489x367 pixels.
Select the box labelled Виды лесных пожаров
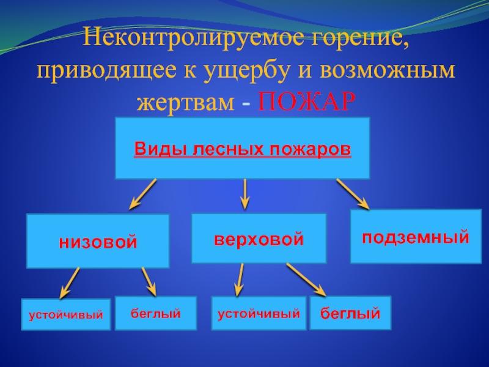pos(243,149)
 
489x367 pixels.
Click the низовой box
pos(98,242)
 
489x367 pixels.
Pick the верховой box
pos(259,238)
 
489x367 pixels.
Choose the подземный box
pos(416,236)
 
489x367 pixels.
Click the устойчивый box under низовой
pos(66,315)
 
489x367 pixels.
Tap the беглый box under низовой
pos(155,313)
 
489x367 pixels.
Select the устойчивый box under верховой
pos(259,314)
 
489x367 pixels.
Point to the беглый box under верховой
pos(350,314)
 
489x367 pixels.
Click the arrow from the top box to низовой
pos(142,195)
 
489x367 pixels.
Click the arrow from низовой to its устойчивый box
pos(69,283)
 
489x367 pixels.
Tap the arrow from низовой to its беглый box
pos(150,282)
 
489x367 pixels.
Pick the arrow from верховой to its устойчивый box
pos(239,280)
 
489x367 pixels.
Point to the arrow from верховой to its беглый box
pos(306,280)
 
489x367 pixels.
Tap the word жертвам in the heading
pos(185,102)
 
